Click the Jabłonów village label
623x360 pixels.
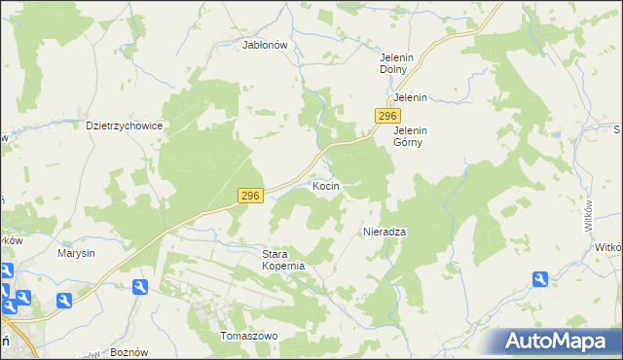tap(265, 44)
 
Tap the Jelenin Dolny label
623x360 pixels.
tap(397, 63)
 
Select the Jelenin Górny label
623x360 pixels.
tap(411, 136)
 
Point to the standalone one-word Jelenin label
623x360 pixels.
tap(411, 98)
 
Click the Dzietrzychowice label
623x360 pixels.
tap(123, 126)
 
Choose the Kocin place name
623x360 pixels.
tap(325, 185)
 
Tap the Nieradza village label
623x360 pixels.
tap(384, 232)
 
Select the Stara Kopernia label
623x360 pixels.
tap(284, 260)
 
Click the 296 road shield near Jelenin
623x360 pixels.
tap(383, 116)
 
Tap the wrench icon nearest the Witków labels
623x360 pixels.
tap(540, 280)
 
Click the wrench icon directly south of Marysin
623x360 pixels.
tap(64, 300)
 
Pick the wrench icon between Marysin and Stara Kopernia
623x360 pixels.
tap(139, 287)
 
